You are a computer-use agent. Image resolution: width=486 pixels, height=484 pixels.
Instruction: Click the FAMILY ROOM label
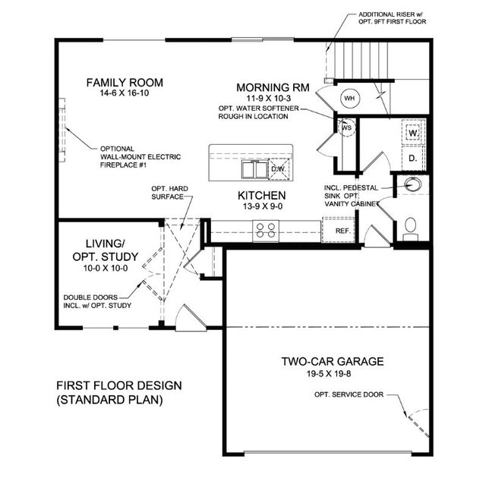pos(125,83)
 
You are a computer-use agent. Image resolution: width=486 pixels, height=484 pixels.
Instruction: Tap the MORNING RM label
pos(273,88)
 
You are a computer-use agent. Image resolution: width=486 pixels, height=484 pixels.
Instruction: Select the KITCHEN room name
pos(262,196)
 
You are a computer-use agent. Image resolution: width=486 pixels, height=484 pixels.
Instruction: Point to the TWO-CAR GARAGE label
pos(333,361)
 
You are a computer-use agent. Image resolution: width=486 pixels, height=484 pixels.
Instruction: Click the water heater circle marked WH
pos(349,99)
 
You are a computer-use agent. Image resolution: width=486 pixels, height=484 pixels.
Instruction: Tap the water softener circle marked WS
pos(346,127)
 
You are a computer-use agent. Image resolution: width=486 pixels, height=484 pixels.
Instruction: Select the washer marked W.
pos(413,133)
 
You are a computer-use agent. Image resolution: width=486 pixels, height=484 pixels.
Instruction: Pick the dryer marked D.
pos(413,158)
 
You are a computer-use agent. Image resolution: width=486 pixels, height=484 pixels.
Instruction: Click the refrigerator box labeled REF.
pos(339,230)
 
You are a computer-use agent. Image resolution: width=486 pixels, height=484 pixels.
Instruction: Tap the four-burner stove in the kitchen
pos(266,231)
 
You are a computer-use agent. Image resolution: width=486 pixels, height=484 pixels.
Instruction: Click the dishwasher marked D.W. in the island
pos(279,169)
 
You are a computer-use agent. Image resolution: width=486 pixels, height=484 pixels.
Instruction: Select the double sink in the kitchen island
pos(255,169)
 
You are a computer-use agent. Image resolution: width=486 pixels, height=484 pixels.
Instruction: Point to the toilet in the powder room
pos(411,229)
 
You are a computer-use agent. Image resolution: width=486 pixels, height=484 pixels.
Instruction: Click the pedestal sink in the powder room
pos(413,184)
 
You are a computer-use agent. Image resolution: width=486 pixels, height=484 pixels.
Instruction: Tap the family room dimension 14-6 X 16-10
pos(125,93)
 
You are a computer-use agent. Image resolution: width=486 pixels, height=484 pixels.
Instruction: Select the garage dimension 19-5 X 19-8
pos(329,374)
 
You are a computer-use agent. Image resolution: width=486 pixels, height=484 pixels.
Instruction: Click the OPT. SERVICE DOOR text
pos(349,394)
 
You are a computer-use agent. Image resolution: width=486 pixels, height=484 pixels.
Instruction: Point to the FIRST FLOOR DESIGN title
pos(119,386)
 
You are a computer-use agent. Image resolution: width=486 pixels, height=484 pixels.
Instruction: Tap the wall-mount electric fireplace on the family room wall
pos(62,130)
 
